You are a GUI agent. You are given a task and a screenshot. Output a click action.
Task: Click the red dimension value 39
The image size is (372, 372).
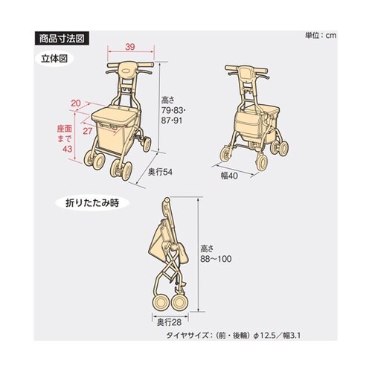pos(130,48)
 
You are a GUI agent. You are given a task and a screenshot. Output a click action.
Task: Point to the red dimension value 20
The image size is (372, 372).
pos(76,103)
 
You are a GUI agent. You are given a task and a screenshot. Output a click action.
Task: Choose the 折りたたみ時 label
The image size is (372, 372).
pos(91,202)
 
